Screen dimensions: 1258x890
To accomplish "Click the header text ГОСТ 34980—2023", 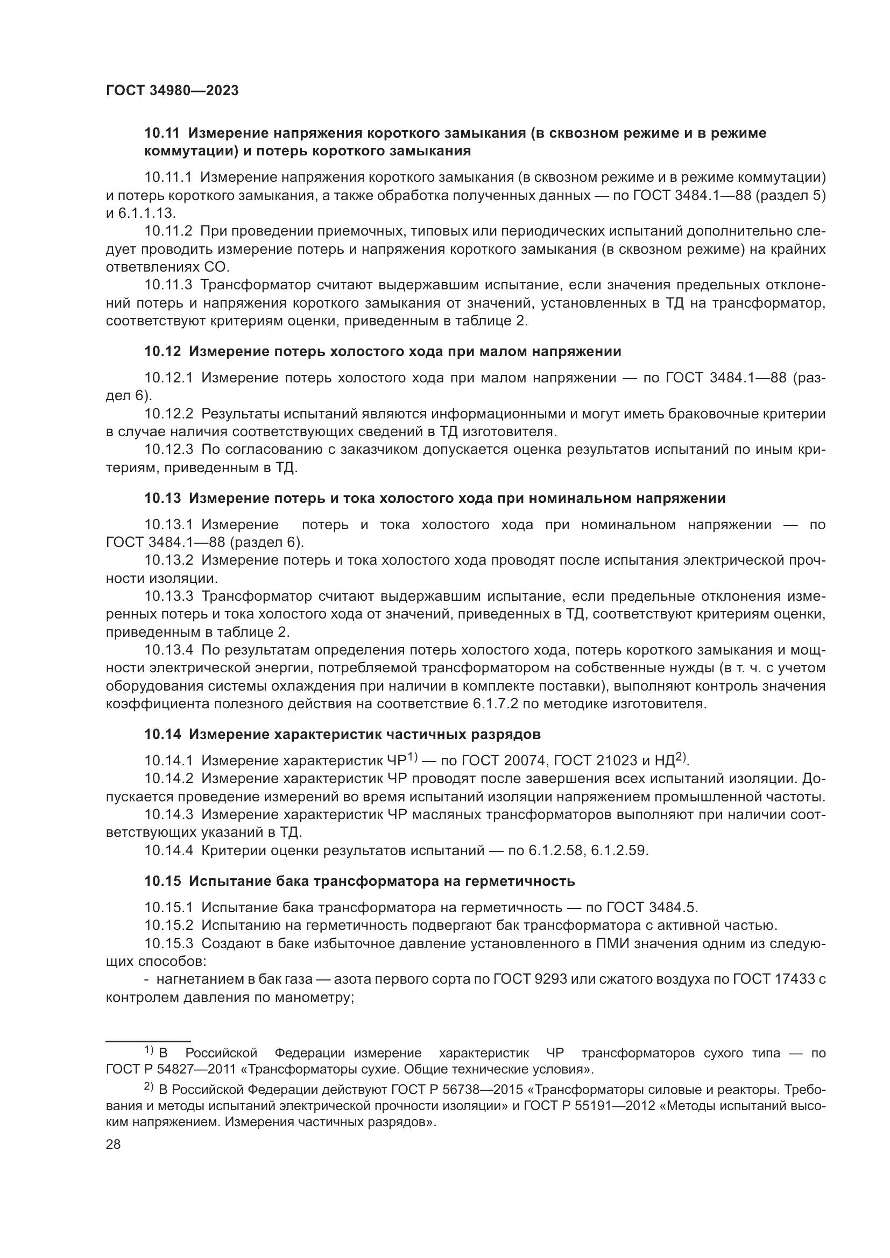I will click(172, 91).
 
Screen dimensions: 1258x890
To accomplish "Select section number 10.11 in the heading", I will click(161, 133).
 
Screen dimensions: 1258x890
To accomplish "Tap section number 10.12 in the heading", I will click(161, 352).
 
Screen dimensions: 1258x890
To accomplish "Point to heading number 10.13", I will click(161, 499).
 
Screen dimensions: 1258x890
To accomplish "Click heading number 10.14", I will click(161, 734).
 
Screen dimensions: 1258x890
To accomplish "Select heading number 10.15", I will click(161, 881).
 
